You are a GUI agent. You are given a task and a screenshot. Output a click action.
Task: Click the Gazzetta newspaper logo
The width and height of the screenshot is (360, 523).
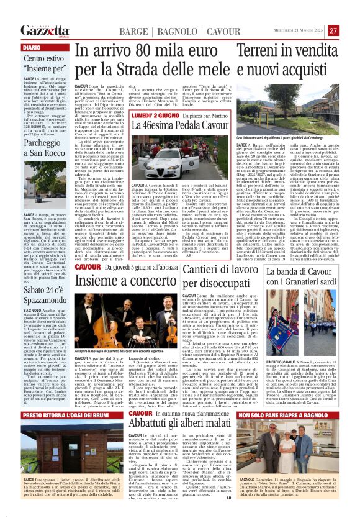coord(44,30)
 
